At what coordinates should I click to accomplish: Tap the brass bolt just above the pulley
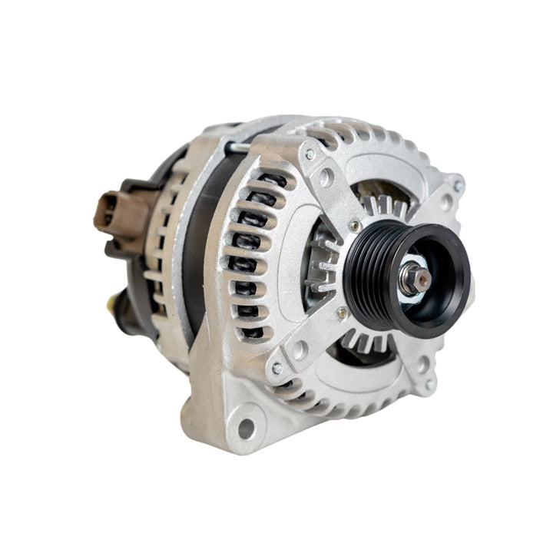coord(354,225)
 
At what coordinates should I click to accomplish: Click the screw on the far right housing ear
coord(458,185)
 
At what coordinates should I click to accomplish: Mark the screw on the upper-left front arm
coord(310,155)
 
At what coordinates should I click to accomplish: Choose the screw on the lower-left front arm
coord(277,369)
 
